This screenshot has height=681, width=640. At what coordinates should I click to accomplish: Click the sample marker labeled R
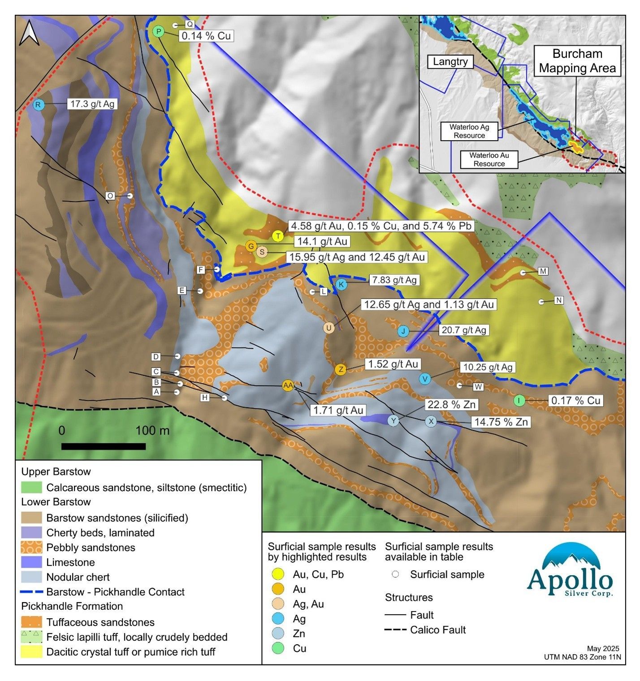point(39,105)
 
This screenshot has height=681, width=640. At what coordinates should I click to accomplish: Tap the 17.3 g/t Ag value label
point(92,104)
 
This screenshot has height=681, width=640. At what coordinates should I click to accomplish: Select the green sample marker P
point(158,31)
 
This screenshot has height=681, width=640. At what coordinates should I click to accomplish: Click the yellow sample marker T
point(278,236)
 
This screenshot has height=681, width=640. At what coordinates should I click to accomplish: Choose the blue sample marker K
point(341,284)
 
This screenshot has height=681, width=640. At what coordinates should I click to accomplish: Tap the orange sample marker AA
point(288,385)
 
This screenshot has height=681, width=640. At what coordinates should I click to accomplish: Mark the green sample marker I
point(519,401)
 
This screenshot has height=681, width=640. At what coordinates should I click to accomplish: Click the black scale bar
point(104,446)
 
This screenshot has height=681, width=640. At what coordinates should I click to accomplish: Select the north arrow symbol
point(30,34)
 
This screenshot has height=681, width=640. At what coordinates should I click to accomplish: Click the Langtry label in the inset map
point(450,62)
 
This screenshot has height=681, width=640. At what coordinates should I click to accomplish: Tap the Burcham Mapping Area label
point(577,61)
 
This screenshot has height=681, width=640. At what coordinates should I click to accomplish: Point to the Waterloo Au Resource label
point(489,159)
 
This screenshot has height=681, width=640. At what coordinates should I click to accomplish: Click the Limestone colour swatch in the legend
point(31,562)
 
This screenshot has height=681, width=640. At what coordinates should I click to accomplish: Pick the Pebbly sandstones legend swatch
point(31,547)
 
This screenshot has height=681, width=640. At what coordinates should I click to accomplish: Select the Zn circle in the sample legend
point(278,633)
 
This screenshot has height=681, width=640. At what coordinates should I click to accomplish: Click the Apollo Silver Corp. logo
point(570,571)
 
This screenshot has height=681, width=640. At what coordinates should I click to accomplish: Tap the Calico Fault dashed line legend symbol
point(395,630)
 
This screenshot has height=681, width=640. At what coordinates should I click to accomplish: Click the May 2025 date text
point(603,648)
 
